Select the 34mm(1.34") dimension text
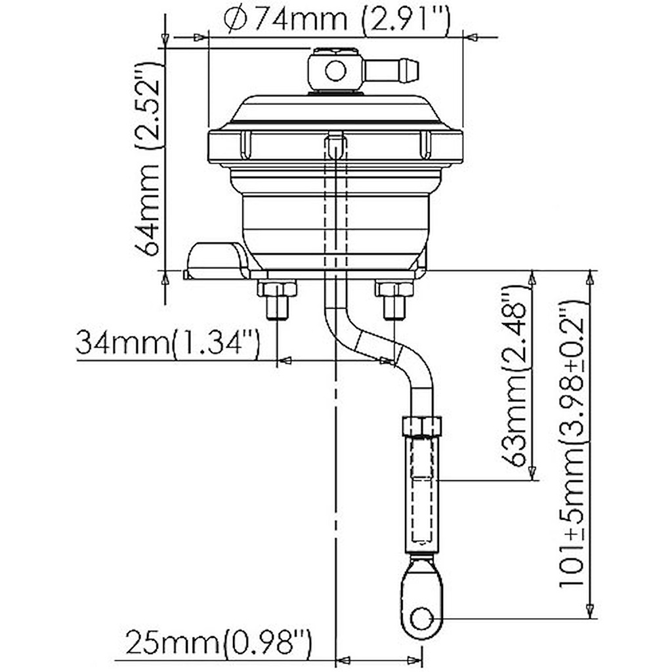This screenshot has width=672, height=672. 168,343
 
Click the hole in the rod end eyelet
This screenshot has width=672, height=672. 421,618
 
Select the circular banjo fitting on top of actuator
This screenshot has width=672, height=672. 335,69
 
